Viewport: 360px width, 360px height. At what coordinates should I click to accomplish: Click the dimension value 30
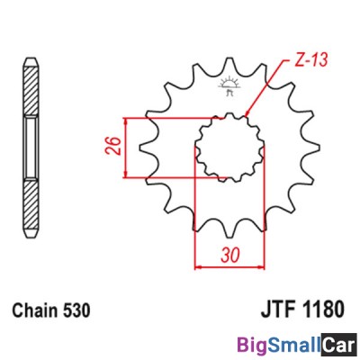click(229, 255)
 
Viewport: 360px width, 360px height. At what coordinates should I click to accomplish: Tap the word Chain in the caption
click(34, 310)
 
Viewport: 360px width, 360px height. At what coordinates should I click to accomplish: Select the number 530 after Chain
click(76, 310)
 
